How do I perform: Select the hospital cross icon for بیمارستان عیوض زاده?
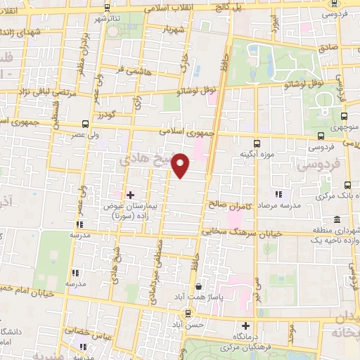[130, 194]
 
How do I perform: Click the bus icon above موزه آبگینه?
[257, 141]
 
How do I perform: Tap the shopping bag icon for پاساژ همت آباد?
[199, 287]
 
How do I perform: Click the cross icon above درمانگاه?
[245, 326]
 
